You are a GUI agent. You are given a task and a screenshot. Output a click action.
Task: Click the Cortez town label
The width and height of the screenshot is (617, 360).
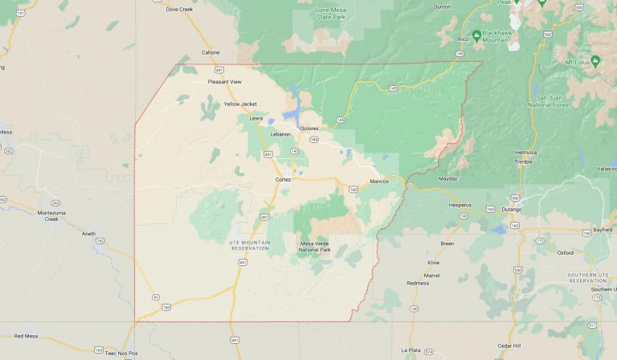click(x=283, y=179)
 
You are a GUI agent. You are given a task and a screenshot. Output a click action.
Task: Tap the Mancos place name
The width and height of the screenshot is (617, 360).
click(x=379, y=181)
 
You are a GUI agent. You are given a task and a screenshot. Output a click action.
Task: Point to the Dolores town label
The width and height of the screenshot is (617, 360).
click(x=309, y=129)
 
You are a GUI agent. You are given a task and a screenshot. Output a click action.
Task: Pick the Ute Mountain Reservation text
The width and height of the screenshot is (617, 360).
click(x=249, y=245)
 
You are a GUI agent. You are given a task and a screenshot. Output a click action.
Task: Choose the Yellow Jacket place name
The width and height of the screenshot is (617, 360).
click(x=240, y=104)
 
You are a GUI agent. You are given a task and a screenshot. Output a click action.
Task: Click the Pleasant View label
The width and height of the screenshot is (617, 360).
click(x=225, y=81)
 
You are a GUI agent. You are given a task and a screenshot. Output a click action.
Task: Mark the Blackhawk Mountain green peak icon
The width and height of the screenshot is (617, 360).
click(x=476, y=35)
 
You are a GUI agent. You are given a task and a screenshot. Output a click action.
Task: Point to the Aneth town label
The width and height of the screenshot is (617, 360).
click(x=88, y=233)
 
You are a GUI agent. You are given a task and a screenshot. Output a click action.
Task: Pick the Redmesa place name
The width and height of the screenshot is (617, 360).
click(x=418, y=283)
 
